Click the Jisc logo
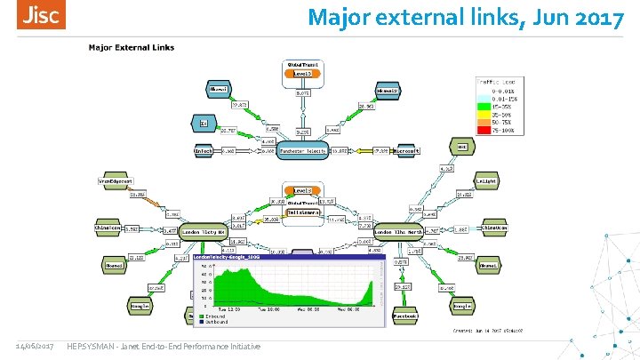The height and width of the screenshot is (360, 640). click(x=42, y=15)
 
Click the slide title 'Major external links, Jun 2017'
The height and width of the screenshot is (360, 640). click(x=466, y=17)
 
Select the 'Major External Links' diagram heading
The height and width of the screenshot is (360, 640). click(x=132, y=48)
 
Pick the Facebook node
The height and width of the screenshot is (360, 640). click(x=405, y=316)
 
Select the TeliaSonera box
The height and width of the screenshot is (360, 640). click(x=304, y=212)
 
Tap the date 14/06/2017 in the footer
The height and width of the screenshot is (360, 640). click(x=34, y=345)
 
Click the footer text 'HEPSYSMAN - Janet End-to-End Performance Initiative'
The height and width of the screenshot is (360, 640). click(x=164, y=345)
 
